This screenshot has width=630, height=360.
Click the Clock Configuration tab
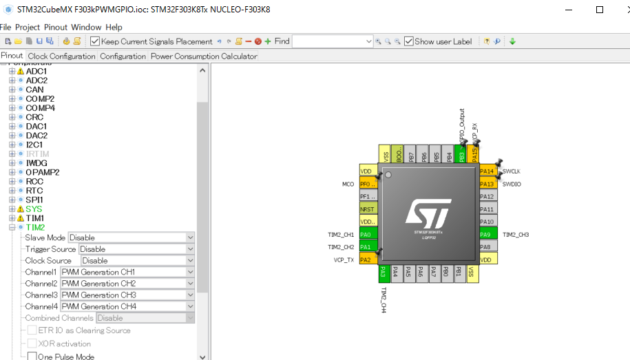point(62,56)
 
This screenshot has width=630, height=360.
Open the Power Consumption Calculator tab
point(204,56)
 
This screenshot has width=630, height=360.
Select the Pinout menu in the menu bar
point(56,27)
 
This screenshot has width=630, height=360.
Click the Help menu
point(114,27)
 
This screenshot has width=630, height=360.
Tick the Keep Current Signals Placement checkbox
point(96,41)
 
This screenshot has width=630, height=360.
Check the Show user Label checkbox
point(409,41)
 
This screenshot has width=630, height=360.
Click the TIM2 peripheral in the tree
point(35,227)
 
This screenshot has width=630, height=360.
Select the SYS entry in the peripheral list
point(34,209)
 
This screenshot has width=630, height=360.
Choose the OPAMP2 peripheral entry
point(43,172)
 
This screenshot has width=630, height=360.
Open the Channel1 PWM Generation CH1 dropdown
point(128,272)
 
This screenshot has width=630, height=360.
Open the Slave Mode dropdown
point(131,237)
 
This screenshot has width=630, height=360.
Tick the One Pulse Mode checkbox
point(32,357)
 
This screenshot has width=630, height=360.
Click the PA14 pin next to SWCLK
point(487,171)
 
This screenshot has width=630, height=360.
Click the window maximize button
point(599,10)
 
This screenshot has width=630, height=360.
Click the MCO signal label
point(348,184)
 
